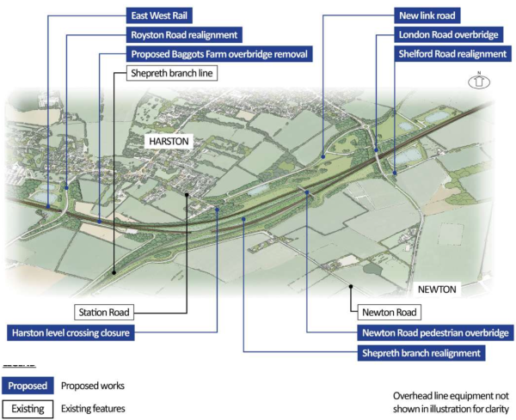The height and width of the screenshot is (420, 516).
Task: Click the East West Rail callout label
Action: [x=158, y=15]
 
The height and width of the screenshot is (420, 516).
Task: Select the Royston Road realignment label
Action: [x=183, y=35]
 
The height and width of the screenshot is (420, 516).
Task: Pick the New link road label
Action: [x=427, y=15]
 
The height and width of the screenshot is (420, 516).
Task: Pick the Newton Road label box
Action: [x=389, y=313]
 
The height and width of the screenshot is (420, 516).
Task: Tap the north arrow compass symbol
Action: [x=479, y=82]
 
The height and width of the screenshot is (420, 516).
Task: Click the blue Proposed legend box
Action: [x=28, y=386]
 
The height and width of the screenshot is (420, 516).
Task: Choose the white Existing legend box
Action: [x=28, y=408]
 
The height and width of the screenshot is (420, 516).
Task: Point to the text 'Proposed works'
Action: [x=93, y=386]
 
